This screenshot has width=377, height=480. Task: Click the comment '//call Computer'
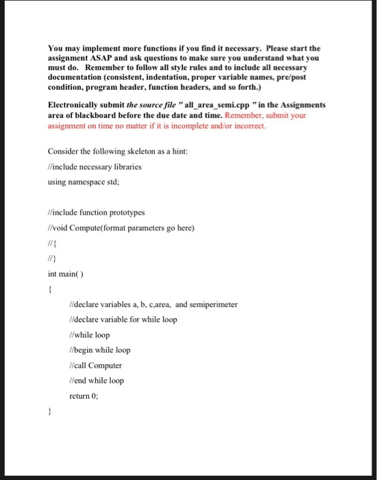(96, 365)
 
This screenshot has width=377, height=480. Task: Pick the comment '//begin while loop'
(100, 350)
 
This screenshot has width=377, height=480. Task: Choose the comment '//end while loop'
(97, 381)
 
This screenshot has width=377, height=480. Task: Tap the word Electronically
(75, 105)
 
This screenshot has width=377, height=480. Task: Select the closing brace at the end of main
(50, 413)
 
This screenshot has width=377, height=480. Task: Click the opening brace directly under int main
(50, 289)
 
